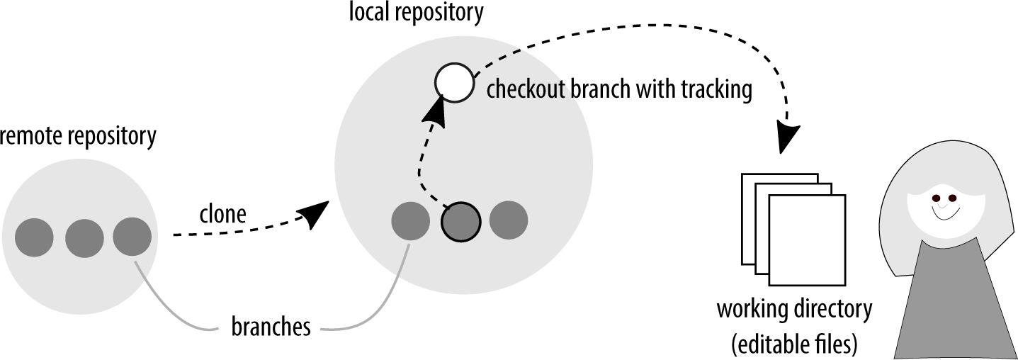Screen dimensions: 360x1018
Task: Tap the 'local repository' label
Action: coord(417,12)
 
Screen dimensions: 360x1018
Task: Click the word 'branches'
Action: coord(271,327)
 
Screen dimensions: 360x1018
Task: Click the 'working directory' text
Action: coord(793,310)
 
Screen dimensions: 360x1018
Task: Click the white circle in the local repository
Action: coord(453,81)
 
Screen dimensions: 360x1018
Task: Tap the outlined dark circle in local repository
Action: coord(460,222)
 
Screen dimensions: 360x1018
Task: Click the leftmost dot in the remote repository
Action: coord(35,237)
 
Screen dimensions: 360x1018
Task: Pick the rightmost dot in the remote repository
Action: coord(132,236)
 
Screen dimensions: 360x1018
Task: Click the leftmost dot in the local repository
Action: coord(411,221)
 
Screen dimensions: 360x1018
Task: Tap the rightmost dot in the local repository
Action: coord(509,220)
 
